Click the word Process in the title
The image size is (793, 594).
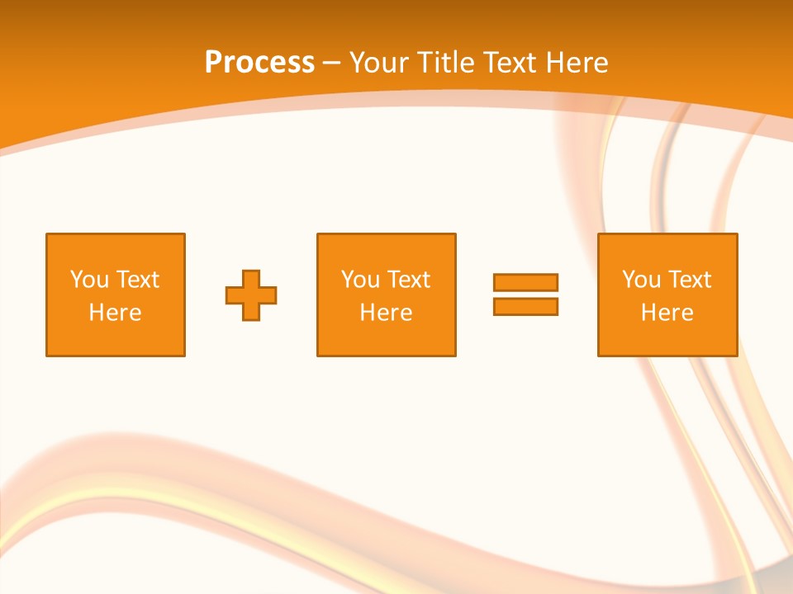259,63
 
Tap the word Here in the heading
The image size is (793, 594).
576,63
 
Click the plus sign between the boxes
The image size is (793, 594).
251,295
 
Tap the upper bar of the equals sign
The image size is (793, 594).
525,283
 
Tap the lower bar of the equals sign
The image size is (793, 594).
525,306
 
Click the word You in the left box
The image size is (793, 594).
89,280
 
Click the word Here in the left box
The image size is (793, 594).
115,313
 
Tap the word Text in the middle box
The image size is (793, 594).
409,280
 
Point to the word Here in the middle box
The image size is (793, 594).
386,313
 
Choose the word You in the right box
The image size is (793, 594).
641,280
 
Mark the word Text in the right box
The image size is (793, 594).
690,280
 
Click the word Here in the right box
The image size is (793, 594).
667,313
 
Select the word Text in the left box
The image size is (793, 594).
138,280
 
